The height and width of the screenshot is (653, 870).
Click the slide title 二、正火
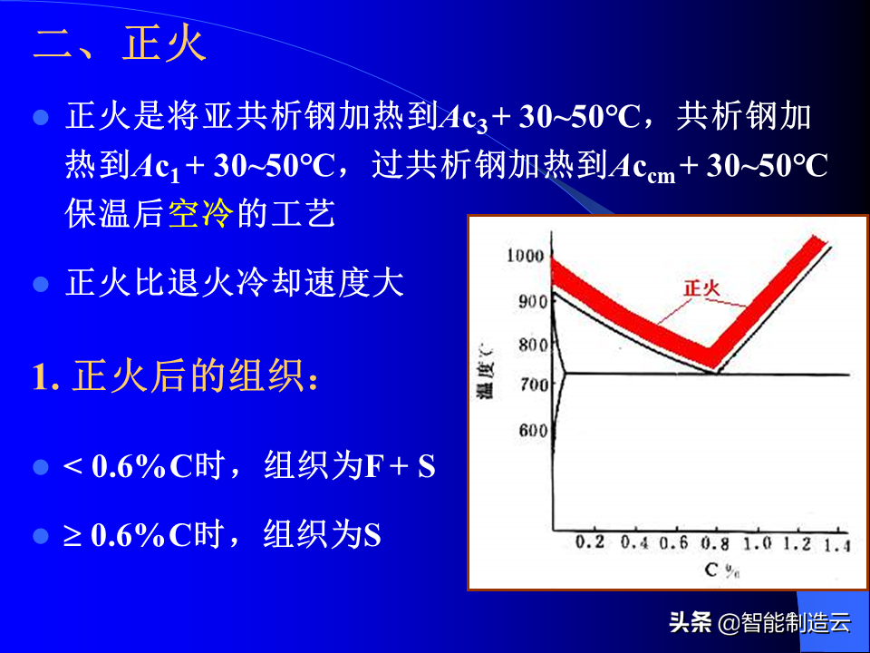[120, 44]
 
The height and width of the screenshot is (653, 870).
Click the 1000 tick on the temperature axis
[525, 256]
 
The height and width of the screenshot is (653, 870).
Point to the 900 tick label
[533, 301]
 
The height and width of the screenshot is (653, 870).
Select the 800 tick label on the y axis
[533, 345]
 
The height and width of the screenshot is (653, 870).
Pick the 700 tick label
[534, 384]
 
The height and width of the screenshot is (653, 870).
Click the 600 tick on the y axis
[533, 430]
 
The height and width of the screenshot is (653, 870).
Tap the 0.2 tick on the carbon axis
[590, 542]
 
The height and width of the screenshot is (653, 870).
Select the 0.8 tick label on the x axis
[715, 543]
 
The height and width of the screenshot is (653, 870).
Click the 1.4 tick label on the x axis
[837, 546]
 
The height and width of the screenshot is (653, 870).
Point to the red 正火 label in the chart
[701, 288]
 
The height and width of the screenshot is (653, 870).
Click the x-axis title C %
[722, 570]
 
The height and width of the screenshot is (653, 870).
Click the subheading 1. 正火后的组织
[175, 375]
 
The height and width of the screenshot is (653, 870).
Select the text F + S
[400, 465]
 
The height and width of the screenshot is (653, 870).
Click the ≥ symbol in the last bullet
[72, 536]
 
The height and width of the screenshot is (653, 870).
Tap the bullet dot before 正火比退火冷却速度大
[41, 284]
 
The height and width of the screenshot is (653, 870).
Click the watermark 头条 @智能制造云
[759, 622]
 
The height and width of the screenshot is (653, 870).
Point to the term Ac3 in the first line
[463, 119]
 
